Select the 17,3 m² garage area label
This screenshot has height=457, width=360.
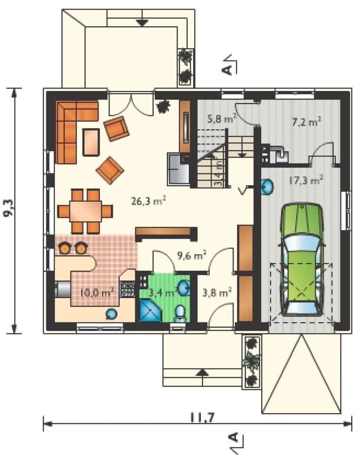pos(306,180)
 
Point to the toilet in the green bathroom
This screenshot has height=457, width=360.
pos(180,313)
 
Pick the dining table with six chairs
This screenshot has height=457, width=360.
pos(85,211)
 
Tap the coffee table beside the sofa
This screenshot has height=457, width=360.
pos(91,142)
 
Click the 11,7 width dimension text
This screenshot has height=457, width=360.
pos(202,418)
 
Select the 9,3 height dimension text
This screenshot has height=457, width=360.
pos(9,208)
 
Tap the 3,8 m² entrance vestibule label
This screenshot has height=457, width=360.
pos(217,292)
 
